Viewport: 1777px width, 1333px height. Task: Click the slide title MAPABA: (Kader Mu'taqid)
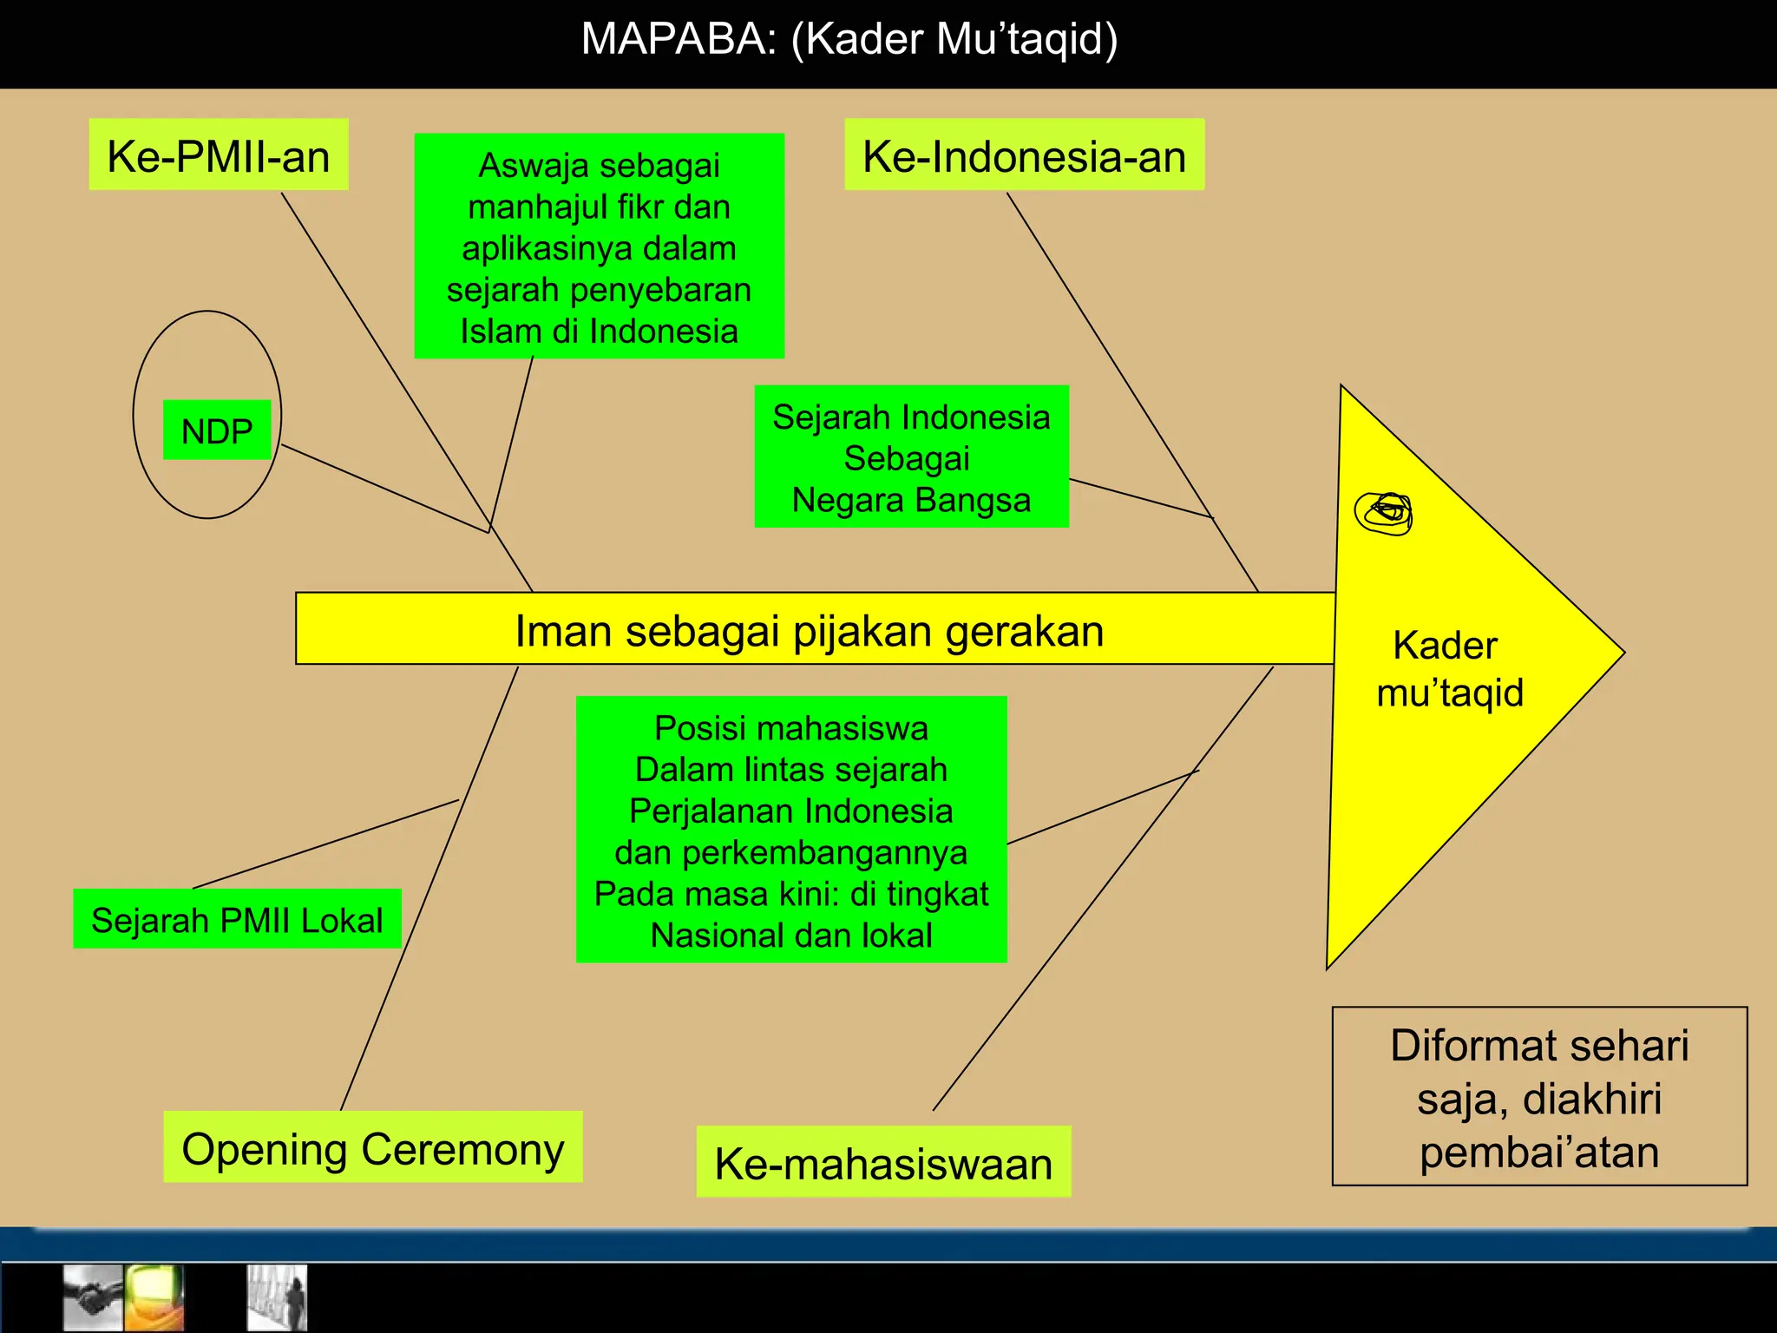tap(849, 40)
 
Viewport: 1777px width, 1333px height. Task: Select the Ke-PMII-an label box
tap(219, 155)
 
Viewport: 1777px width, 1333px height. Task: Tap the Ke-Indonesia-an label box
tap(1024, 155)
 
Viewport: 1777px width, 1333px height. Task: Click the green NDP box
tap(217, 430)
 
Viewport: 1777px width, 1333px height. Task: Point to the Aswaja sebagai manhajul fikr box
tap(599, 246)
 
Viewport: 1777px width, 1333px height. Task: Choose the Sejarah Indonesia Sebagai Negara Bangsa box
tap(911, 457)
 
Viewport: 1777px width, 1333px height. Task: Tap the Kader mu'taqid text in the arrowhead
tap(1449, 669)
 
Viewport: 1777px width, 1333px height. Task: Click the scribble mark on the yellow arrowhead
tap(1385, 513)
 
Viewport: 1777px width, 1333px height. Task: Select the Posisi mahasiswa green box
tap(791, 831)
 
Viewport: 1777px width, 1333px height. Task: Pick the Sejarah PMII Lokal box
tap(237, 919)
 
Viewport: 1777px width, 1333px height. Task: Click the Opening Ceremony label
tap(373, 1148)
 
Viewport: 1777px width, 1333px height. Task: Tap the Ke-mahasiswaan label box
tap(883, 1163)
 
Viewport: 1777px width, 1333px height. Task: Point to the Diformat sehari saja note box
tap(1539, 1097)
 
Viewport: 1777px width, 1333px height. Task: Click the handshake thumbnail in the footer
tap(93, 1297)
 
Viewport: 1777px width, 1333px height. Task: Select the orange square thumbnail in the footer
tap(154, 1297)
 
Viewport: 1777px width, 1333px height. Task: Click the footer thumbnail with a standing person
tap(278, 1297)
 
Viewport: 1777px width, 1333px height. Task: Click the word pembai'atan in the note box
tap(1539, 1152)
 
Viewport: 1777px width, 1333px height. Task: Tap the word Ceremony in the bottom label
tap(462, 1148)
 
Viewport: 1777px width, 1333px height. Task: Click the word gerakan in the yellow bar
tap(1024, 631)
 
